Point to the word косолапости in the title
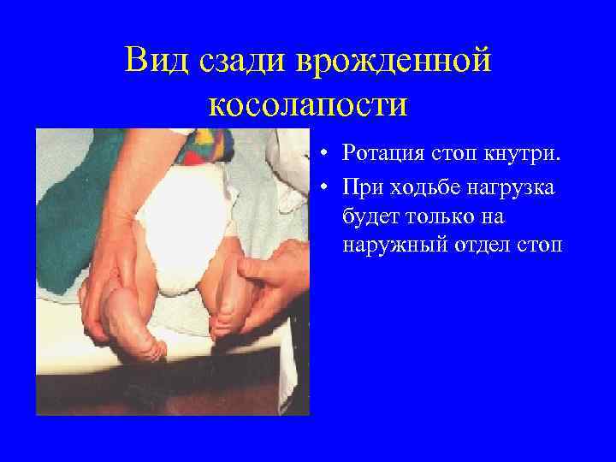coord(307,104)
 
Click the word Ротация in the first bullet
coord(384,154)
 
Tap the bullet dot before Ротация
coord(329,155)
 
